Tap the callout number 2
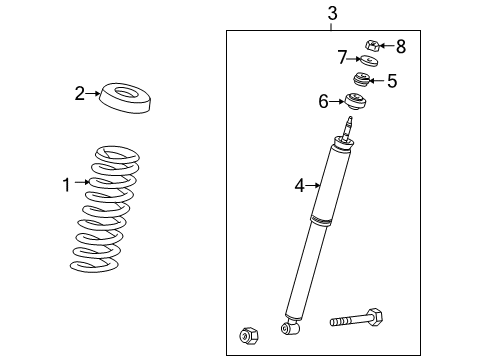point(80,94)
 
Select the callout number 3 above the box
point(332,13)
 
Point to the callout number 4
point(298,184)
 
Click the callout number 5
point(391,81)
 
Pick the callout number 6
point(323,101)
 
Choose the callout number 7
point(342,56)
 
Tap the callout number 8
point(400,46)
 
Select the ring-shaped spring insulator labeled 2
point(126,99)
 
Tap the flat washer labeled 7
point(367,63)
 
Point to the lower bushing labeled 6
point(354,100)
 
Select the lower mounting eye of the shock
point(290,326)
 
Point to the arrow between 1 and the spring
point(84,183)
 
